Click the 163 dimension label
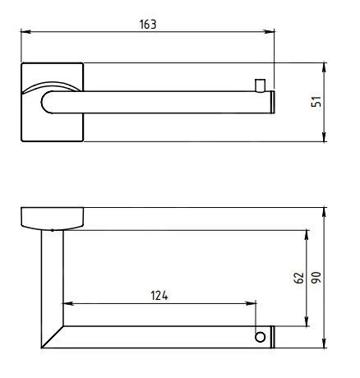pyautogui.click(x=148, y=24)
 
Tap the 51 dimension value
pyautogui.click(x=316, y=102)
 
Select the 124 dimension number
pyautogui.click(x=159, y=296)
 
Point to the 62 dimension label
pyautogui.click(x=299, y=277)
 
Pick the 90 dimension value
pyautogui.click(x=316, y=277)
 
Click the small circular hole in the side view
pyautogui.click(x=260, y=337)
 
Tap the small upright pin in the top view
pyautogui.click(x=260, y=85)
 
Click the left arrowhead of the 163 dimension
pyautogui.click(x=25, y=31)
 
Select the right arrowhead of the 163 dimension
pyautogui.click(x=270, y=31)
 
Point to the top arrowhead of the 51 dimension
pyautogui.click(x=324, y=67)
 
